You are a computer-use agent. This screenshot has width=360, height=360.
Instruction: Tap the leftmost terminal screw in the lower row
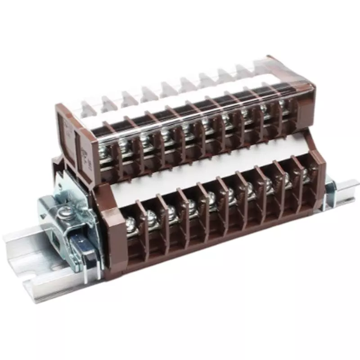[131, 223]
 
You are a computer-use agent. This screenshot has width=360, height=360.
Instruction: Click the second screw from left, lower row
[150, 217]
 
